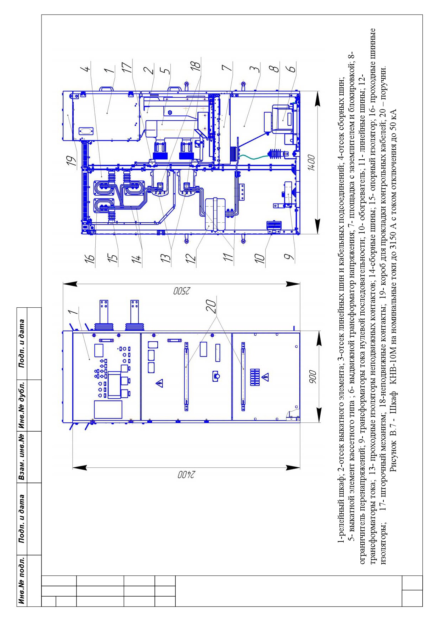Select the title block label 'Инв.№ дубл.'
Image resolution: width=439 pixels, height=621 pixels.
(x=22, y=405)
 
